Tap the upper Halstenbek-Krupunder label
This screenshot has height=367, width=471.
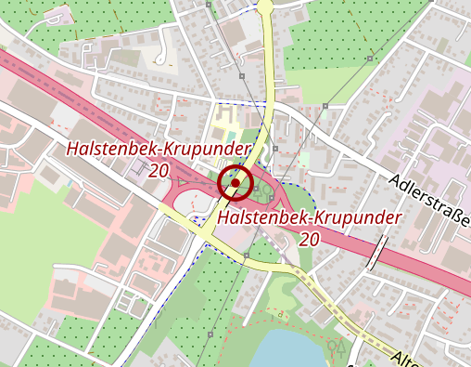159,150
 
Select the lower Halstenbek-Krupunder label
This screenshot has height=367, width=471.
310,217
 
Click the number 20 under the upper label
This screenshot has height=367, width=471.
158,171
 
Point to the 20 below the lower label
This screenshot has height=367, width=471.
310,239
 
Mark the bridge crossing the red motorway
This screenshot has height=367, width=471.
378,250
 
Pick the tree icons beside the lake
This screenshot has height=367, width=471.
337,350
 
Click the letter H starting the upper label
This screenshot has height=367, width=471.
71,150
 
